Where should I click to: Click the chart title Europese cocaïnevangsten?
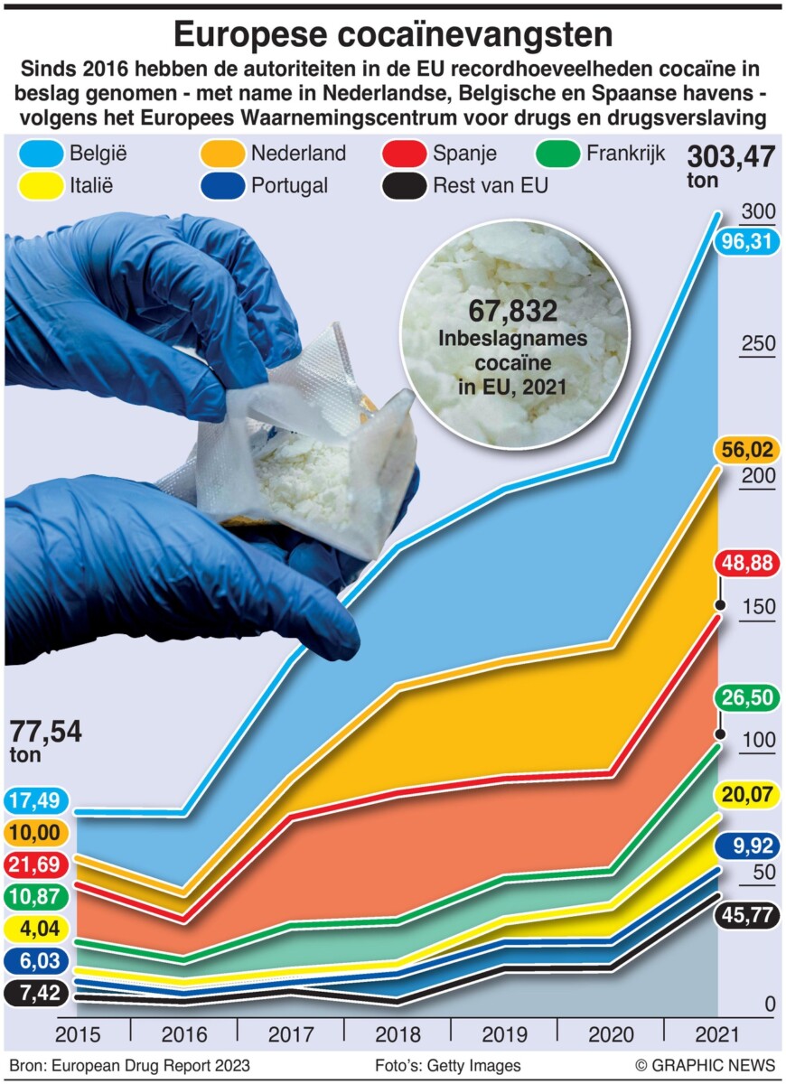pos(393,34)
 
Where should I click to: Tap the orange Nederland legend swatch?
pos(222,153)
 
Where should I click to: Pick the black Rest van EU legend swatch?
pos(403,187)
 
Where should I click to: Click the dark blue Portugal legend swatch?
pos(222,187)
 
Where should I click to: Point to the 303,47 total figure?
pos(731,157)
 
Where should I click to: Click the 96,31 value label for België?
pos(746,242)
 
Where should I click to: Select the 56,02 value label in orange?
pos(746,449)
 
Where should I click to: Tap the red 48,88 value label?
pos(746,563)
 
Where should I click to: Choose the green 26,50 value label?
pos(746,697)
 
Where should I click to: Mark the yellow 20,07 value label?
pos(746,794)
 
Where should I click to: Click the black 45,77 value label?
pos(746,914)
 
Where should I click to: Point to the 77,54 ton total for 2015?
pos(45,732)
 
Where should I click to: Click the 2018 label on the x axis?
pos(398,1034)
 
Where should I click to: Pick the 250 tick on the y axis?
pos(758,344)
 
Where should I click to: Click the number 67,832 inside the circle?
pos(513,312)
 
